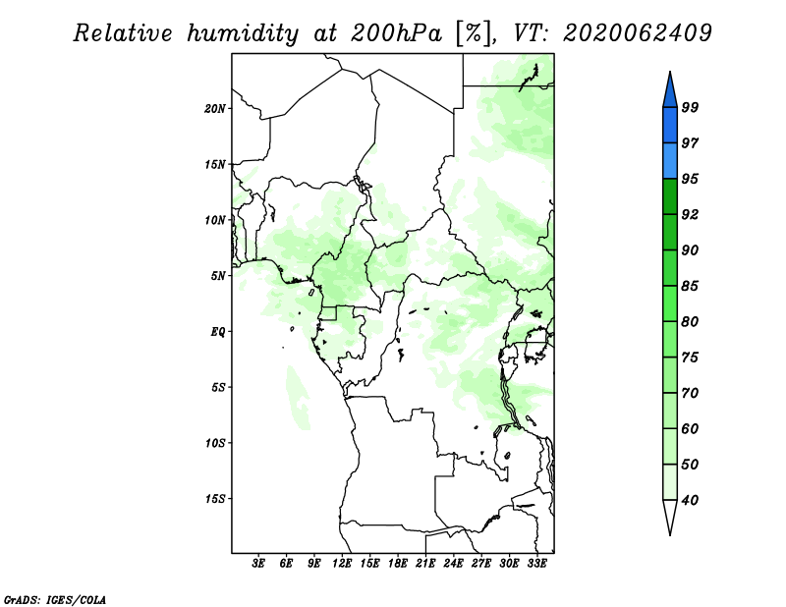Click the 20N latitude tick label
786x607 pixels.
[215, 109]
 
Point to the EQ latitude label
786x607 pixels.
[218, 332]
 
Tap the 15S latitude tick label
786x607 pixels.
[215, 499]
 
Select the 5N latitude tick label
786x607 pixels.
[218, 276]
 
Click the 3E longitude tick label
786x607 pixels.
[258, 564]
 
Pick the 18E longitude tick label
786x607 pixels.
[398, 564]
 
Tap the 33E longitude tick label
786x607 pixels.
[536, 564]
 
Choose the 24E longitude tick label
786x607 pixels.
[453, 564]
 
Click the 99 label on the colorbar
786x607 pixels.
[690, 107]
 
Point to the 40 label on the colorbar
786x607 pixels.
[690, 500]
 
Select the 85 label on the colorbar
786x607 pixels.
[690, 286]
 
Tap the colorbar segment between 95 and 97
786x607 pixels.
[670, 161]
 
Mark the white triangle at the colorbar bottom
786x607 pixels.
[670, 518]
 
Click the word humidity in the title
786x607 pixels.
[243, 33]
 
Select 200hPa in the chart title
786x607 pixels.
[396, 33]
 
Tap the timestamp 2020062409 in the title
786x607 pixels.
[637, 33]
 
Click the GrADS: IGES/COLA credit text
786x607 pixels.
[55, 600]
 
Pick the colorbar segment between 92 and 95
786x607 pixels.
[670, 196]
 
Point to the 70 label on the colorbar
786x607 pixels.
[690, 393]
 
